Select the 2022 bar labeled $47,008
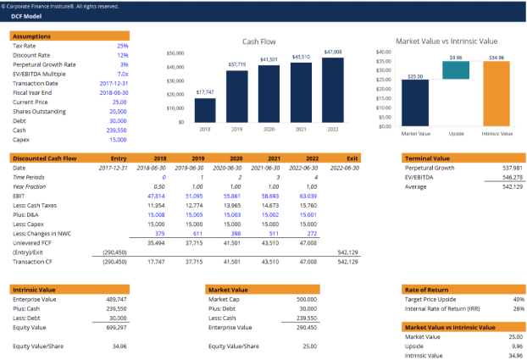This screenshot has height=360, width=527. [x=333, y=90]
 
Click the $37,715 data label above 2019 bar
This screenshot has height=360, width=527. [x=237, y=64]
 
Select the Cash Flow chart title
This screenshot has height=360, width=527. [x=259, y=41]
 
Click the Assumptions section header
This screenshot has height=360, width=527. [x=32, y=36]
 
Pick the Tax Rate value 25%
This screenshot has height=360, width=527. [x=123, y=46]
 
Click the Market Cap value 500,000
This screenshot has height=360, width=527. [x=307, y=299]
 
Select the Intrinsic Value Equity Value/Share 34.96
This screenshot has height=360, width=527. [x=119, y=346]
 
